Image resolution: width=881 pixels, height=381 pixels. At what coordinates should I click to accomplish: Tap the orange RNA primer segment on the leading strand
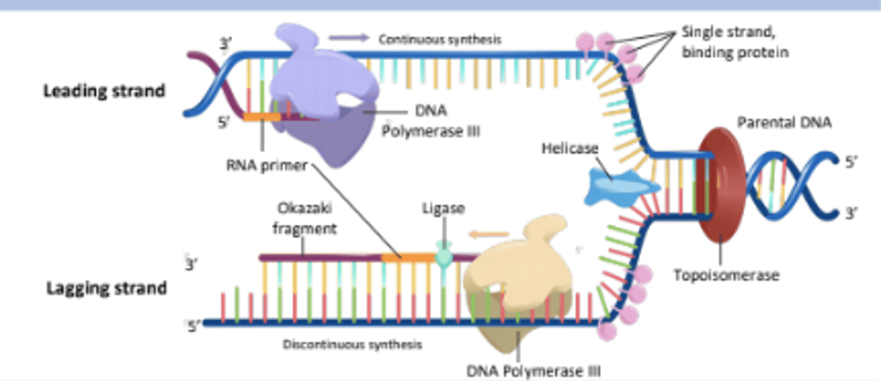[x=262, y=116]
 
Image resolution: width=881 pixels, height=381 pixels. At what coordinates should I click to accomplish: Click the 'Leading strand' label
[x=104, y=91]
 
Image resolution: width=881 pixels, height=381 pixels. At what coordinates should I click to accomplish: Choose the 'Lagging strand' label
[x=106, y=288]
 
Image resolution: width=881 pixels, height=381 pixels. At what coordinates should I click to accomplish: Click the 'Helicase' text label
[x=570, y=148]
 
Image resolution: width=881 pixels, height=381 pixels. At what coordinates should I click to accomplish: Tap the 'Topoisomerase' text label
[x=726, y=276]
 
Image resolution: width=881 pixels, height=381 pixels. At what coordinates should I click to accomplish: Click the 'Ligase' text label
[x=444, y=208]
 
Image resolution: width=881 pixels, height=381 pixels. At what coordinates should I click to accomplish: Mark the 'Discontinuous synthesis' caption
[x=352, y=345]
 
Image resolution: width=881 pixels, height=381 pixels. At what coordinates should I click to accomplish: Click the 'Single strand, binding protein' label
[x=734, y=42]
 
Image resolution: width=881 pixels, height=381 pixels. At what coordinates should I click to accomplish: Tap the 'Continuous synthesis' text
[x=440, y=39]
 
